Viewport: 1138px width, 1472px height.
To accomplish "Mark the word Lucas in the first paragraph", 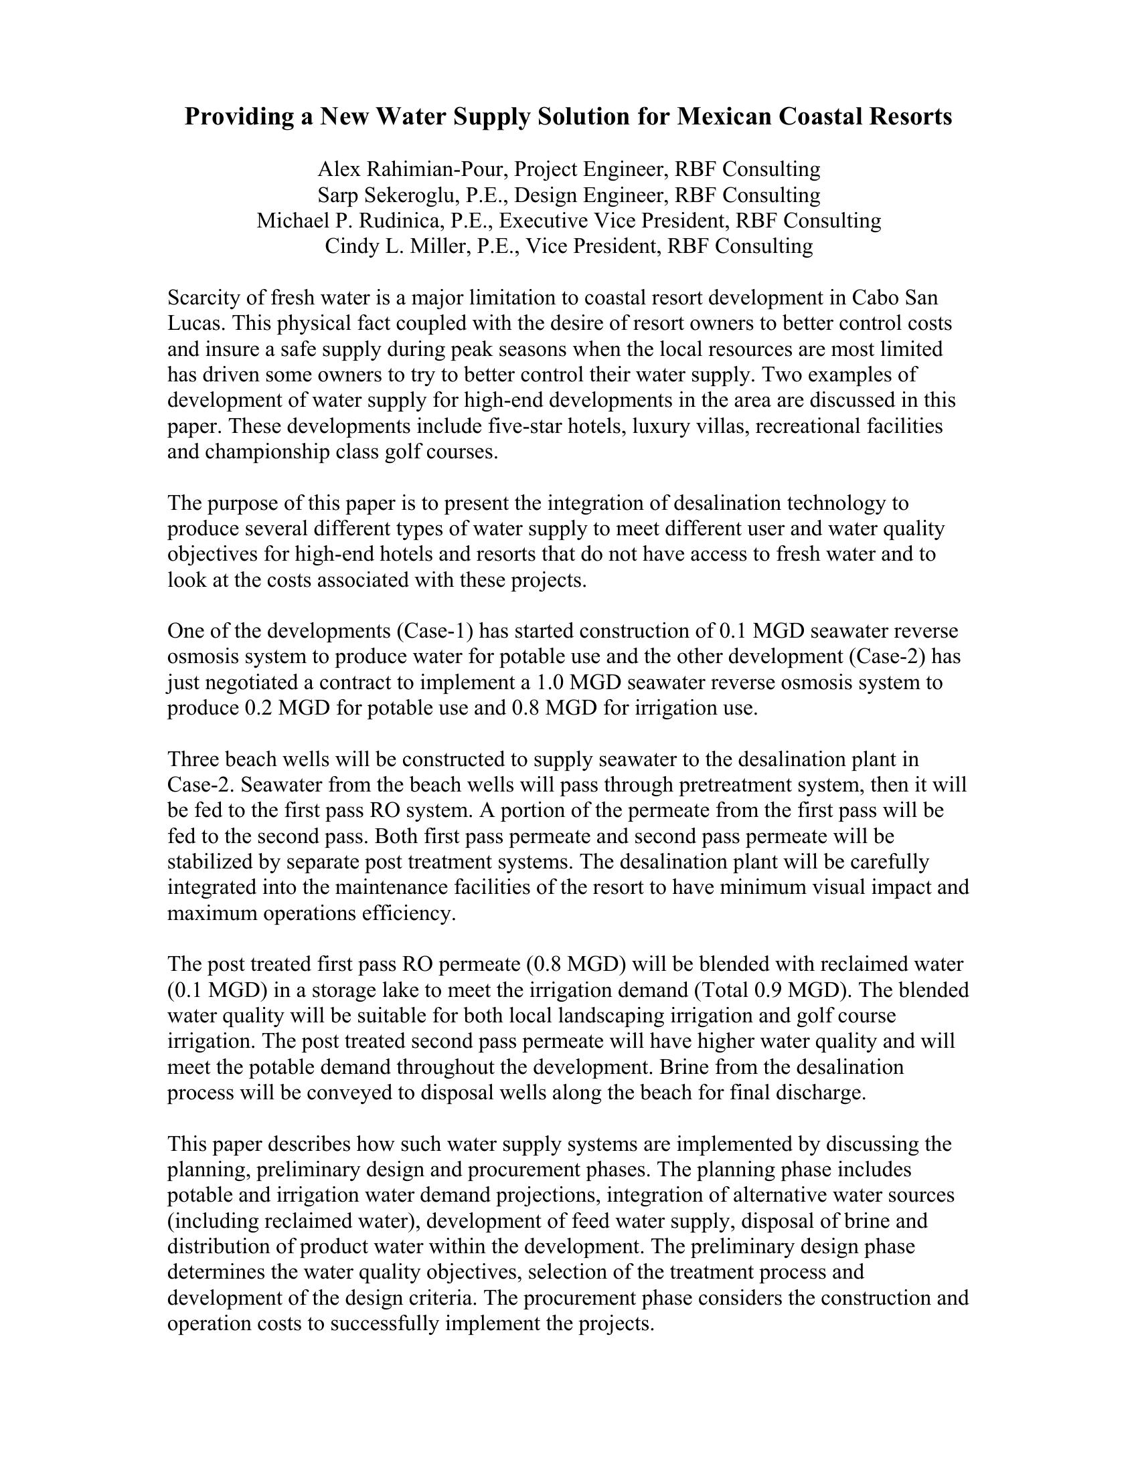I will coord(195,323).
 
